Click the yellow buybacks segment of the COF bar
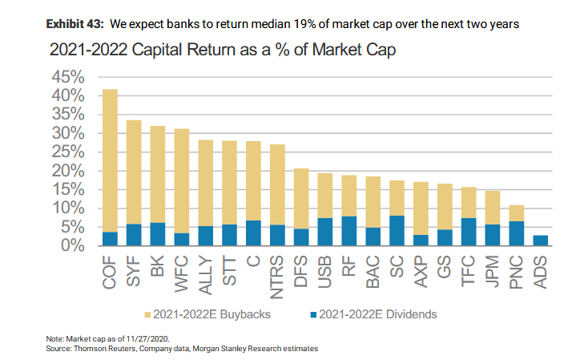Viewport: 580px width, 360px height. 110,160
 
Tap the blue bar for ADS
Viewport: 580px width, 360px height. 541,241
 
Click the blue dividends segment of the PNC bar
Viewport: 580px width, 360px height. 517,233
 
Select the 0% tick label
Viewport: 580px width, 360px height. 73,246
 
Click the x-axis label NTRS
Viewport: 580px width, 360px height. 278,276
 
